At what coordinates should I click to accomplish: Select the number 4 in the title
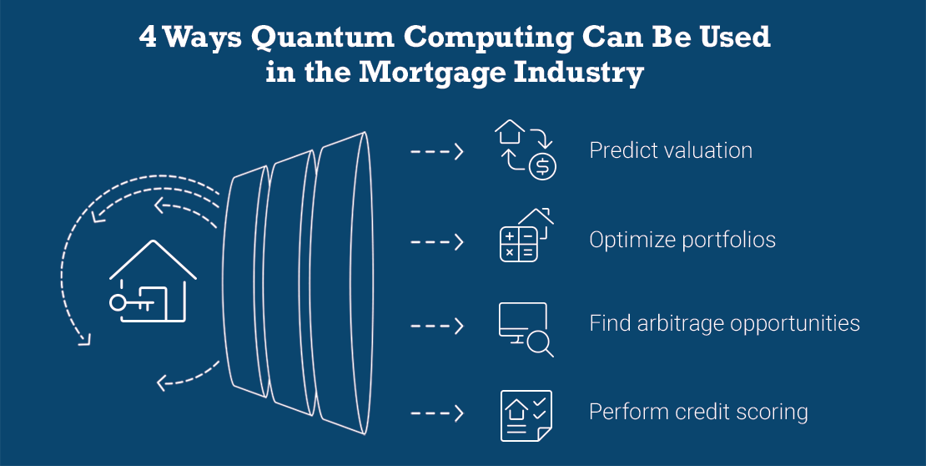(148, 38)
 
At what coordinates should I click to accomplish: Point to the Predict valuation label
(671, 150)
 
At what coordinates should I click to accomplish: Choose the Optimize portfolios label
(682, 240)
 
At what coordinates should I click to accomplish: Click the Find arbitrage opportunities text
(725, 323)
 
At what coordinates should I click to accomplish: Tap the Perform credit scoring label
(698, 412)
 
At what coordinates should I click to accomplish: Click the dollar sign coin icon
(542, 167)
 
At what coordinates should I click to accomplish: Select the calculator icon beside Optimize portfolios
(519, 244)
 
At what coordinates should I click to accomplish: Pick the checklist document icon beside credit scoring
(526, 415)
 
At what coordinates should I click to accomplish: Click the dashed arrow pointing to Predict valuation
(437, 152)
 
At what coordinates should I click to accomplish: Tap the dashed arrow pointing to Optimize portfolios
(437, 242)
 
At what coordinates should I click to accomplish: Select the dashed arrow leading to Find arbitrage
(437, 326)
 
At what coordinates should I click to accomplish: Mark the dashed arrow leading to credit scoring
(437, 413)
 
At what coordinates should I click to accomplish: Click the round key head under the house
(118, 303)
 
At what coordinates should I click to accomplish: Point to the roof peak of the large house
(153, 241)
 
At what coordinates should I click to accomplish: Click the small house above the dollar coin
(510, 131)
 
